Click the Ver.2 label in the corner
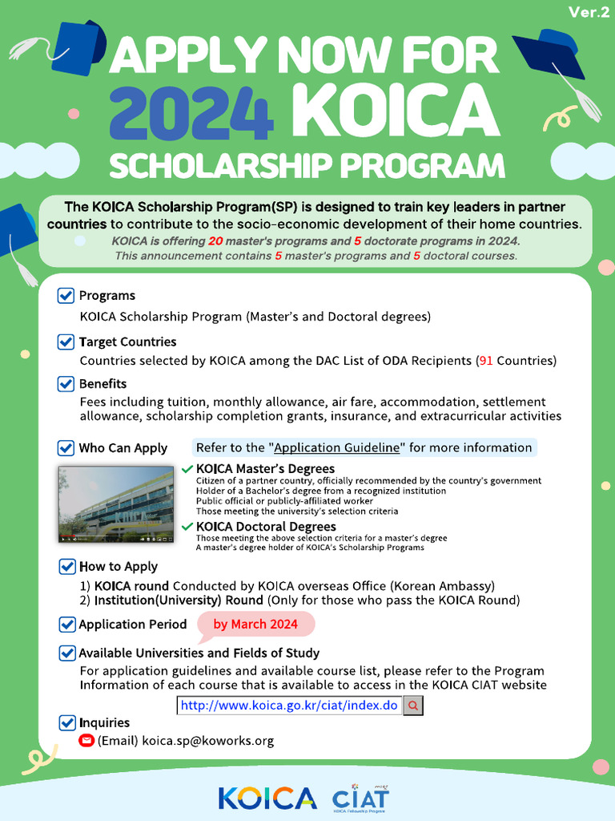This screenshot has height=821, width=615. [589, 12]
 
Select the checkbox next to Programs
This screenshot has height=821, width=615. [66, 296]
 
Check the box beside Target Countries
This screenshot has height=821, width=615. [66, 342]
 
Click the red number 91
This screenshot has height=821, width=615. [485, 361]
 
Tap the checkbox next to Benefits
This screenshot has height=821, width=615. [66, 384]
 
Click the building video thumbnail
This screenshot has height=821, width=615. [115, 504]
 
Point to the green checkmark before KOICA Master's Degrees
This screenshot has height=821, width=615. [187, 468]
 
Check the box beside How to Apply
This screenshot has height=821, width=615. [66, 567]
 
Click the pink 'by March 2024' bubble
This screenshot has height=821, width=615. [255, 625]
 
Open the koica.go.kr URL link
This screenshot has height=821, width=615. [289, 706]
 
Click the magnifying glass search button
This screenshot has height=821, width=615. [413, 706]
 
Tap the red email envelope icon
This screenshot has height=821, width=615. [86, 741]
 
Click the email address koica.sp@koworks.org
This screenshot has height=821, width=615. [208, 741]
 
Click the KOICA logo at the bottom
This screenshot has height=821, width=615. [267, 798]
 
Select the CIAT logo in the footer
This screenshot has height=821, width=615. [361, 798]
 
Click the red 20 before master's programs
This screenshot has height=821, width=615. [215, 241]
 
